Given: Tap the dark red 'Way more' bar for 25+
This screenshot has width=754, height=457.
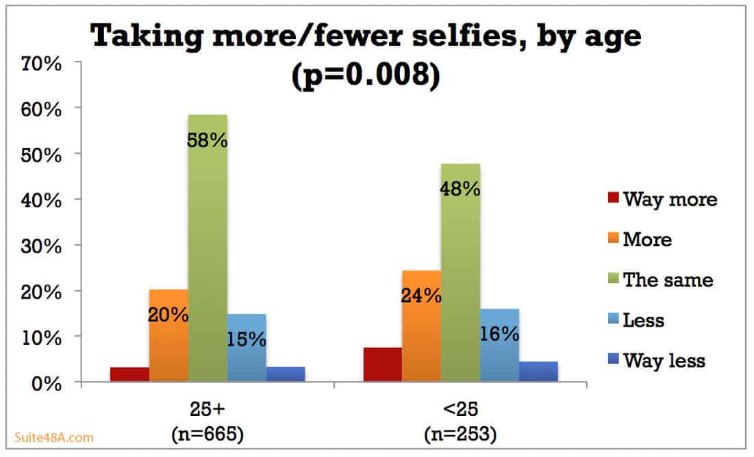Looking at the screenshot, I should pyautogui.click(x=129, y=376).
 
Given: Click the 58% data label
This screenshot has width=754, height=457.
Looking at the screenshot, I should pyautogui.click(x=208, y=141).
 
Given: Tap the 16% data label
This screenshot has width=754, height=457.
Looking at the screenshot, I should pyautogui.click(x=499, y=334).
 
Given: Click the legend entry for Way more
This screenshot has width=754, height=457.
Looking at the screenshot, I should pyautogui.click(x=662, y=199).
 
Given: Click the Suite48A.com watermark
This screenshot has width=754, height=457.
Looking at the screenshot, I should pyautogui.click(x=54, y=437).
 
